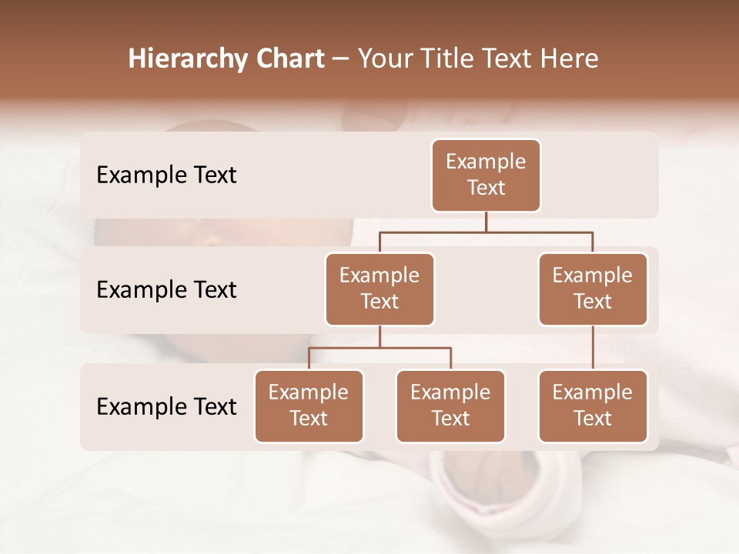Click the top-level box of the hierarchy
point(486,175)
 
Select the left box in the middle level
point(380,289)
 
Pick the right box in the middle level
point(593,289)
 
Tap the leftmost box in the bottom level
point(309,405)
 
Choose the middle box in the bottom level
point(450,405)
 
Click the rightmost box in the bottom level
point(593,405)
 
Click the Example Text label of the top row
point(166,175)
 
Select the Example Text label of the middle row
point(166,290)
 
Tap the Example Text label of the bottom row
point(166,406)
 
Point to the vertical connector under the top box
point(486,222)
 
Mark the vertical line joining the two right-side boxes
point(593,347)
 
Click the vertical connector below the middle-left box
point(380,336)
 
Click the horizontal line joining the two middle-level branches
point(486,232)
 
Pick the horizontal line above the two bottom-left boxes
point(380,348)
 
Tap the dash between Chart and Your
point(341,60)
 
